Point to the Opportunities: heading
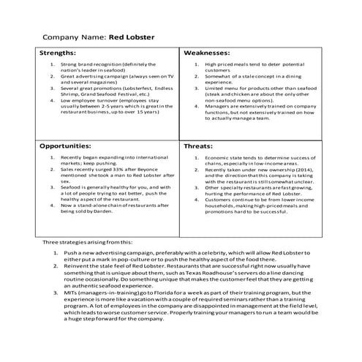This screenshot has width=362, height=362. (x=70, y=146)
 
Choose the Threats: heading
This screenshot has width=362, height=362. (x=199, y=146)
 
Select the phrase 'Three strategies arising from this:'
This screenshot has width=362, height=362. (x=88, y=241)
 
